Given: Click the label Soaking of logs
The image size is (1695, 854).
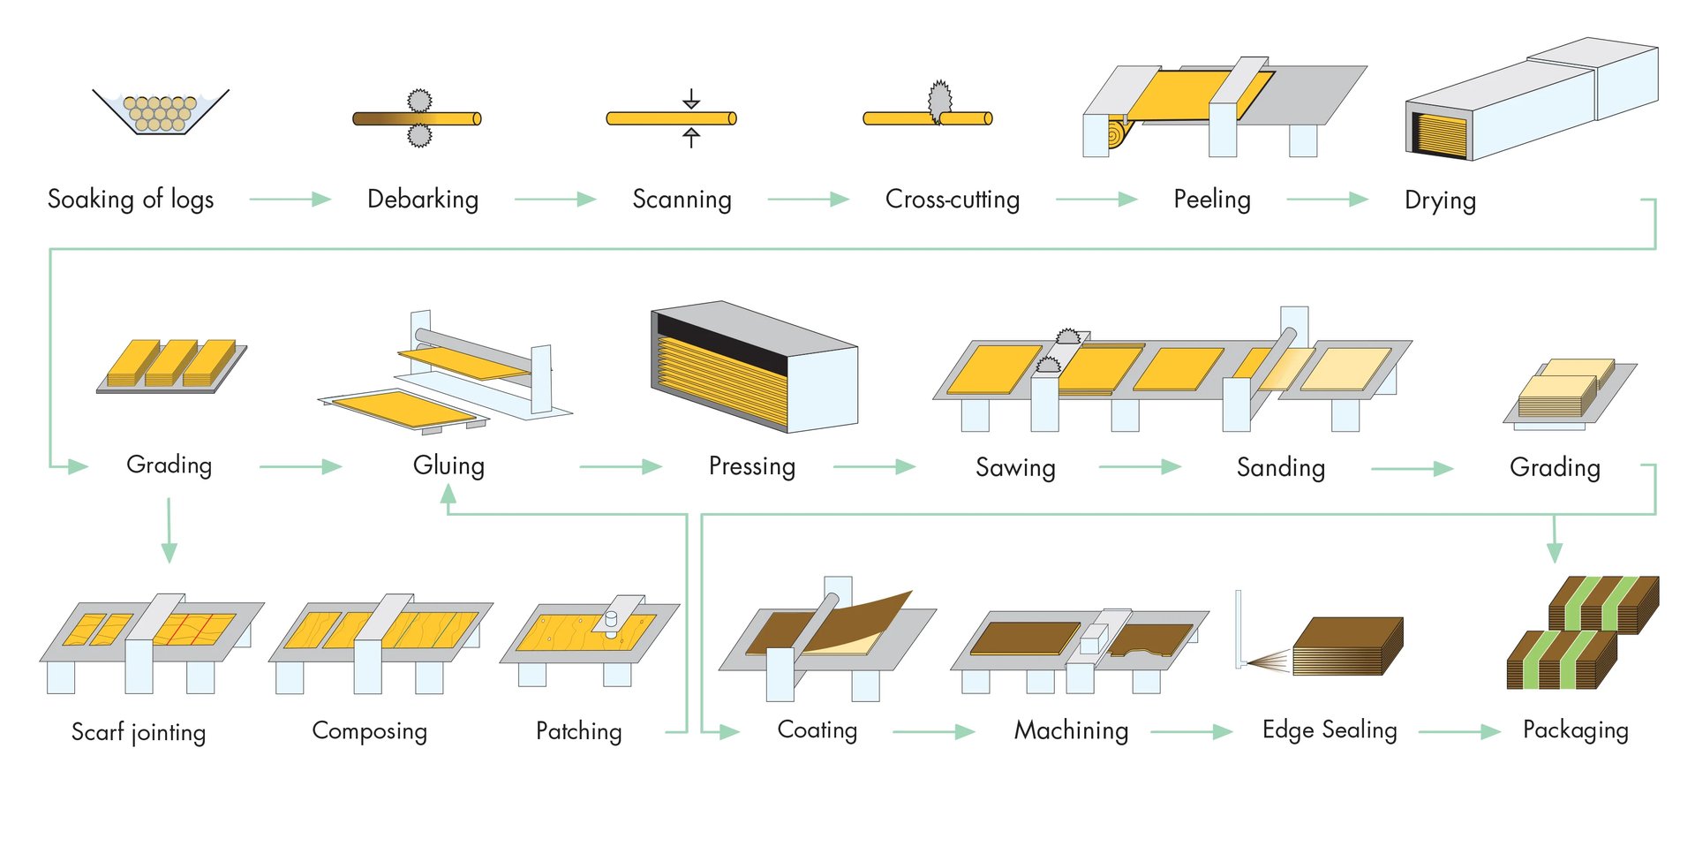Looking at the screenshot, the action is pos(131,200).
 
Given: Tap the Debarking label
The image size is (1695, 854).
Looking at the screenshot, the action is pos(423,200).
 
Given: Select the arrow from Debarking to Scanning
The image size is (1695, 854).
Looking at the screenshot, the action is pos(555,200).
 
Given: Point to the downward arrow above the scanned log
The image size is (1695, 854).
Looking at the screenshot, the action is pos(691,99).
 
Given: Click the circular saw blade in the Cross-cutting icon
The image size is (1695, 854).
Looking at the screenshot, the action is pos(939,102).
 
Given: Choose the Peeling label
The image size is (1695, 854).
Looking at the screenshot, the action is pos(1212,200).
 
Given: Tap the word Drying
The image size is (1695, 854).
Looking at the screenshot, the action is pos(1440,200).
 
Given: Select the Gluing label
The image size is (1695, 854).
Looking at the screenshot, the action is pos(448,465).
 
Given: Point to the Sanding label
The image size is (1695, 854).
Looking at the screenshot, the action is pos(1281,467).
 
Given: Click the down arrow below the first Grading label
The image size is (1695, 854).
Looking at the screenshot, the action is pos(169,530).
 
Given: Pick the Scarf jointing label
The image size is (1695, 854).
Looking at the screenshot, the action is pos(139,732).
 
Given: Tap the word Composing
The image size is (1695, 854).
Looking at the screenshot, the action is pos(370,731).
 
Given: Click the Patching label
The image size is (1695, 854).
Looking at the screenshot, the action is pos(579,731).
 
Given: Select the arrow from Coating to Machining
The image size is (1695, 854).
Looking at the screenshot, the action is pos(933,731).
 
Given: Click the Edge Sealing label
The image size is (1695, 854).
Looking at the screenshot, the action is pos(1330,730).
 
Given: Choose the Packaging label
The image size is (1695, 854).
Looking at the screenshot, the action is pos(1576,730).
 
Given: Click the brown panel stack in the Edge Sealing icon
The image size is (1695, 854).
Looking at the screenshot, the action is pos(1348,646).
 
